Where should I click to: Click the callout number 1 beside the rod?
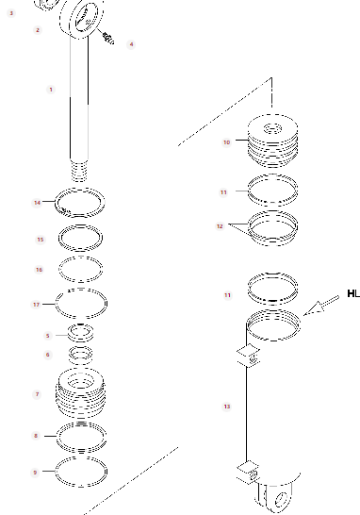point(51,90)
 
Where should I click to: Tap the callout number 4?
point(131,44)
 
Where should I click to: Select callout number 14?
point(37,203)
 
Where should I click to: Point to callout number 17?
point(36,305)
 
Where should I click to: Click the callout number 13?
point(227,407)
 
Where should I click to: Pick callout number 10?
point(227,142)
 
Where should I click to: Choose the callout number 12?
point(220,226)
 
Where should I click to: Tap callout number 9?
point(35,473)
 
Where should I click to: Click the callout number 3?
point(11,13)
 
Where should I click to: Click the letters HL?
point(353,293)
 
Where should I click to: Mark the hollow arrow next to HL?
point(320,306)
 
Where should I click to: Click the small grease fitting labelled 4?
point(108,38)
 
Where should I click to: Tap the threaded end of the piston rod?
point(79,170)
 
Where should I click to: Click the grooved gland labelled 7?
point(81,392)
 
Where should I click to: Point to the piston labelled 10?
point(272,141)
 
